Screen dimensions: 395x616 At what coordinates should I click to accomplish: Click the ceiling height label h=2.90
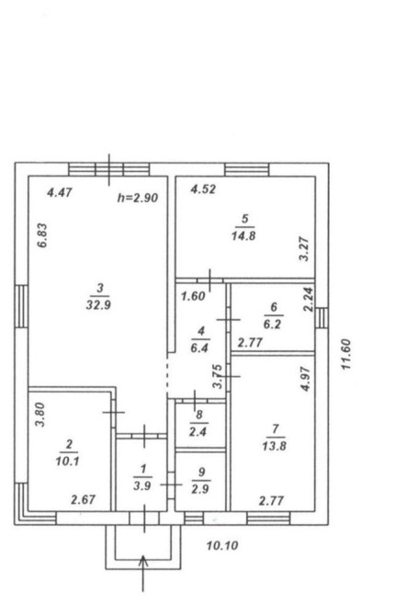click(x=138, y=198)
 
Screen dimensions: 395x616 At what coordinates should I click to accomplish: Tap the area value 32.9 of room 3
click(x=98, y=305)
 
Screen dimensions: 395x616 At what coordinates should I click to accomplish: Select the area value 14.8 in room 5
click(x=243, y=236)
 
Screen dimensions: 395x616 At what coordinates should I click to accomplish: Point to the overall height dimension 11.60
click(x=345, y=354)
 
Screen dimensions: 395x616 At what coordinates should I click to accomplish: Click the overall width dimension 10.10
click(x=222, y=545)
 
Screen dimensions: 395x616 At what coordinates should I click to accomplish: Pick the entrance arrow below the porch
click(x=143, y=573)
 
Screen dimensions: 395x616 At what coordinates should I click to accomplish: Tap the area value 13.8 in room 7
click(x=274, y=446)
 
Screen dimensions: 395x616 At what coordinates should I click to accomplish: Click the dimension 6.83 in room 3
click(x=42, y=235)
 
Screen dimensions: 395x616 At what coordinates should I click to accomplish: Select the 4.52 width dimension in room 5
click(x=203, y=189)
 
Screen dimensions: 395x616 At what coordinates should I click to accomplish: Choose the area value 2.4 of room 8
click(x=197, y=432)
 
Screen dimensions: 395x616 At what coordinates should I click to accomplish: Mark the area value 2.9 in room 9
click(x=200, y=489)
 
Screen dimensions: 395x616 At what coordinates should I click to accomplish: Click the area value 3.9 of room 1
click(x=141, y=486)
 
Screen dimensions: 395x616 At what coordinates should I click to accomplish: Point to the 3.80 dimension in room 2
click(x=40, y=416)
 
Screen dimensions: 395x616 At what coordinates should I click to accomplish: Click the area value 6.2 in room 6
click(x=273, y=325)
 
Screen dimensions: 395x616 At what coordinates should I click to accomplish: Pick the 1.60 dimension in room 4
click(x=193, y=296)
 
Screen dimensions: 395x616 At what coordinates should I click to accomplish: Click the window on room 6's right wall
click(x=322, y=318)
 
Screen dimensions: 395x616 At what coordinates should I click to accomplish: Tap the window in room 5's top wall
click(x=247, y=169)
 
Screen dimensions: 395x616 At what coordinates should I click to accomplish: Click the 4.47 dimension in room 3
click(x=60, y=192)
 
